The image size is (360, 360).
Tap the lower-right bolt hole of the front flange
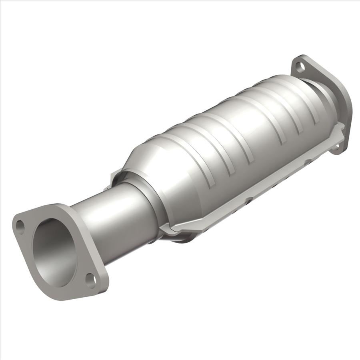[x=91, y=280]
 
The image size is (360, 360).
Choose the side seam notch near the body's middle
[x=249, y=198]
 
